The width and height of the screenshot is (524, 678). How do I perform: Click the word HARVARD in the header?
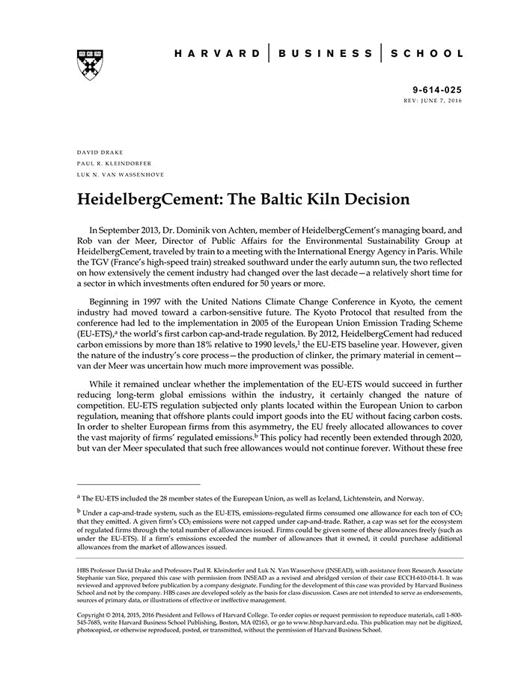(217, 54)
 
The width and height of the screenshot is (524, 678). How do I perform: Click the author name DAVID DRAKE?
(100, 151)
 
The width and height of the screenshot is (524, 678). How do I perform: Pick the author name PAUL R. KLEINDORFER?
(114, 163)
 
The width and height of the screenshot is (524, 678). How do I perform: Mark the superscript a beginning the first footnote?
(79, 496)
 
